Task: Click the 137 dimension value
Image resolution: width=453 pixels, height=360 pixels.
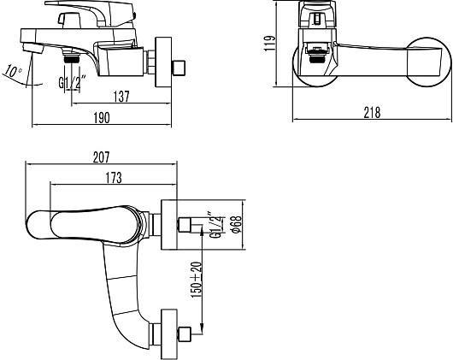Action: tap(121, 97)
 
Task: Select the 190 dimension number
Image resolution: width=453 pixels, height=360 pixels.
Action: tap(102, 118)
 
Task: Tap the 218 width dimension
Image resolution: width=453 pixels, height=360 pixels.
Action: tap(372, 112)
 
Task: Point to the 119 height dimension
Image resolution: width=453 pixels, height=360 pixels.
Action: tap(269, 44)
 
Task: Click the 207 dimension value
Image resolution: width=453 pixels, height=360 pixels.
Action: tap(102, 157)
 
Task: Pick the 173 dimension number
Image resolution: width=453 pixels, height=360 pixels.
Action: tap(114, 178)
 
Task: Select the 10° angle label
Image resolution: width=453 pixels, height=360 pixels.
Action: tap(12, 71)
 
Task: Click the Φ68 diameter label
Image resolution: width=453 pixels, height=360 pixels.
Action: tap(237, 224)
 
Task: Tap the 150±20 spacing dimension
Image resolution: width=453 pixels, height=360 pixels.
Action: tap(197, 280)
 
